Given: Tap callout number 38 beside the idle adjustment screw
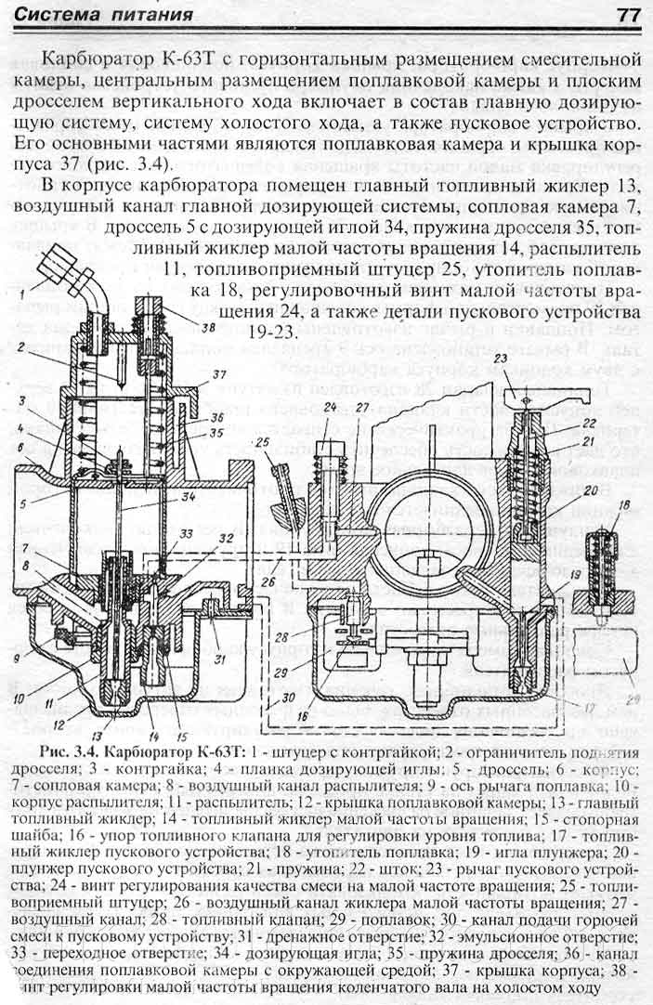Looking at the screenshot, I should [206, 328].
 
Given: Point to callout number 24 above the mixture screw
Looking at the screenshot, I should [330, 405].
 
